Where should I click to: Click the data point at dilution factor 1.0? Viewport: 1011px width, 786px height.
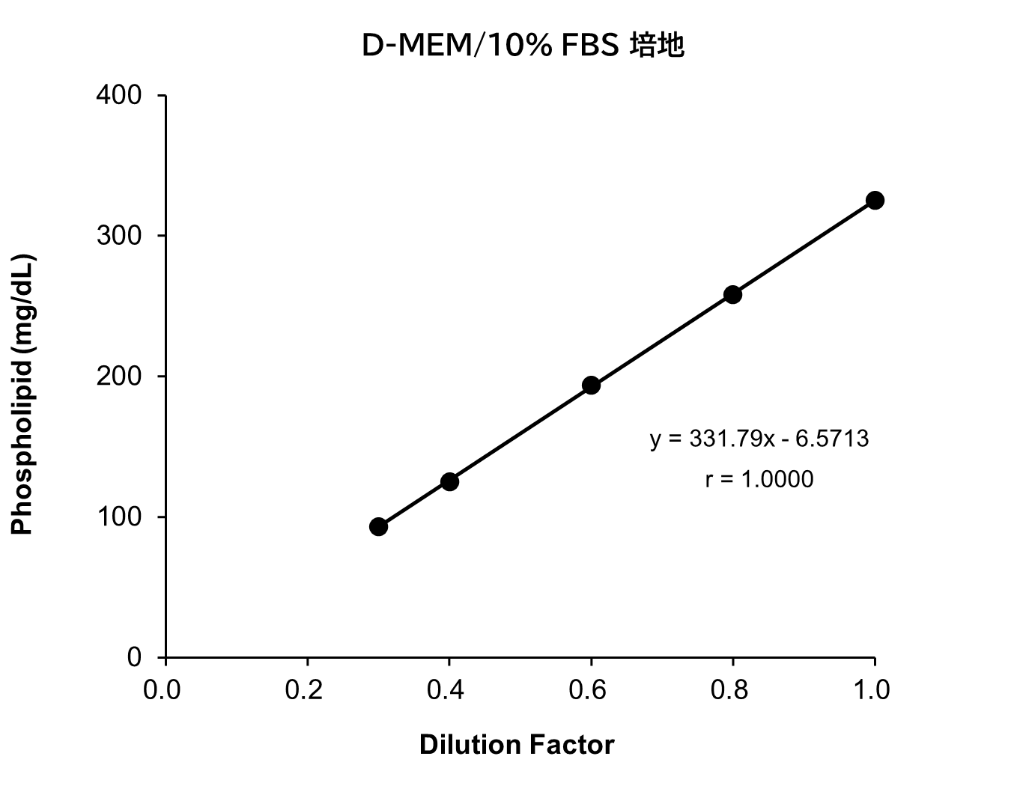click(x=874, y=200)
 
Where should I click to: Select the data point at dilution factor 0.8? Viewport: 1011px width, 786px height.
click(x=732, y=294)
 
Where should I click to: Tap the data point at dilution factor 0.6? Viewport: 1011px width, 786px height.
click(x=591, y=385)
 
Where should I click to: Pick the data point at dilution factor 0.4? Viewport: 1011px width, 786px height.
click(x=449, y=481)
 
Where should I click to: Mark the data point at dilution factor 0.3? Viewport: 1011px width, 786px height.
click(x=378, y=526)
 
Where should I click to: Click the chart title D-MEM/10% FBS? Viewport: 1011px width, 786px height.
click(x=523, y=46)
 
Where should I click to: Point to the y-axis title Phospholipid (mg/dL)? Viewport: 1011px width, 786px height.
click(x=22, y=396)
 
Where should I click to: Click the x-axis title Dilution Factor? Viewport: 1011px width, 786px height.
click(x=517, y=745)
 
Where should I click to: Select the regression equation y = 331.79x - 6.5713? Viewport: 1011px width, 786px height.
click(x=759, y=438)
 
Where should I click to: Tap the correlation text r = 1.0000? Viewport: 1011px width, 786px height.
click(x=759, y=479)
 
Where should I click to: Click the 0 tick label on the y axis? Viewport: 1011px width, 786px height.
click(x=134, y=656)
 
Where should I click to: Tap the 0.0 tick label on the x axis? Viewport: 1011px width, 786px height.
click(x=163, y=689)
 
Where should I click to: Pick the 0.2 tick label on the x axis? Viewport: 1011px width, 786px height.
click(x=304, y=689)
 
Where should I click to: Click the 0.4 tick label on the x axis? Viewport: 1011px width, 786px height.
click(x=446, y=689)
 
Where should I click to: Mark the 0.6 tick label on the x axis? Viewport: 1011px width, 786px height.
click(x=588, y=689)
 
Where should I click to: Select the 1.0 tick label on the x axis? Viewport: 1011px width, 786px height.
click(x=872, y=689)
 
